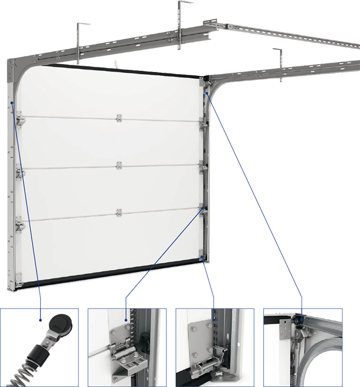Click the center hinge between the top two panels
click(x=119, y=118)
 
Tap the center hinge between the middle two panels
click(x=119, y=165)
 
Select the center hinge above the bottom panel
click(x=119, y=212)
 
